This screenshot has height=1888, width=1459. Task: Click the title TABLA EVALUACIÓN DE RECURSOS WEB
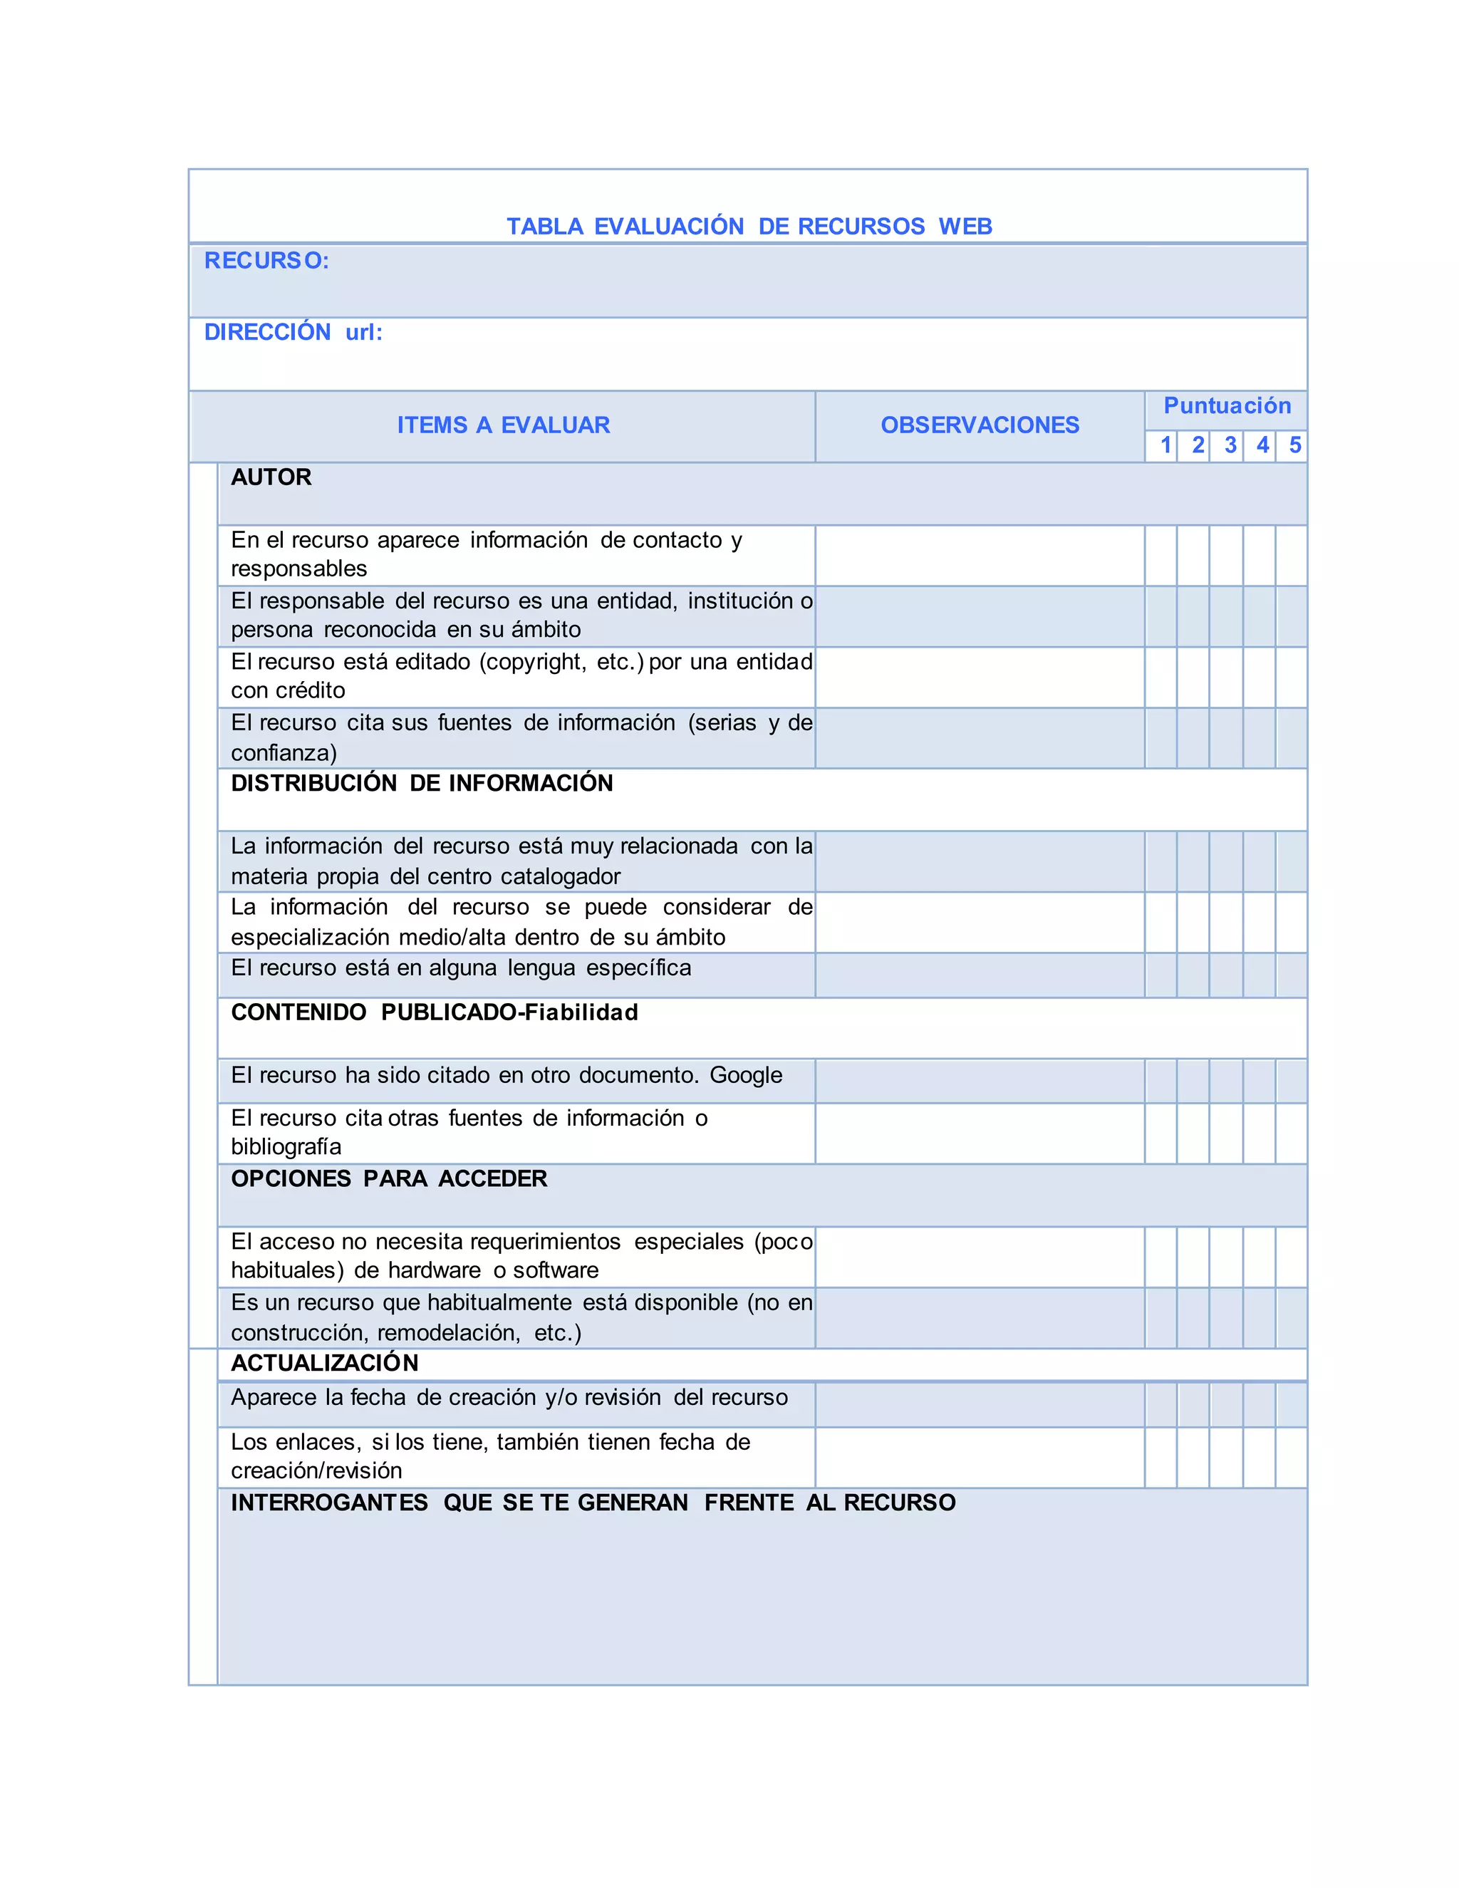pos(749,227)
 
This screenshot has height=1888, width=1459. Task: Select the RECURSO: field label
pos(266,261)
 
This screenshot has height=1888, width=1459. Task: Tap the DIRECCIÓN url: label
pos(293,333)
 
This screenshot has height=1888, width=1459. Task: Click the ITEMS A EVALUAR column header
pos(503,425)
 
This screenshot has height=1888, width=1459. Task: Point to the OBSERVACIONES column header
pos(980,425)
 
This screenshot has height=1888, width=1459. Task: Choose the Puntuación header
pos(1227,406)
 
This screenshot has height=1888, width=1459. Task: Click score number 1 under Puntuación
pos(1165,445)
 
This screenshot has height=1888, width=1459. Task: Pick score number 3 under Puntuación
pos(1230,445)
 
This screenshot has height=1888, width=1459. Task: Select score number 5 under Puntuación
pos(1294,445)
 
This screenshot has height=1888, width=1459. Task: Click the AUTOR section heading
pos(271,477)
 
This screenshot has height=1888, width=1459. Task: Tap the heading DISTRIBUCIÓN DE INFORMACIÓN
pos(422,783)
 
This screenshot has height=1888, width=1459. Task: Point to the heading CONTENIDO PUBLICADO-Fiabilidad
pos(434,1012)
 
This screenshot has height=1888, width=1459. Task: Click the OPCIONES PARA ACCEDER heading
pos(389,1179)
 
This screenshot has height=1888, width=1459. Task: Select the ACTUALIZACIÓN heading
pos(324,1363)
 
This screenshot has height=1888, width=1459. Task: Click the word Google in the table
pos(746,1075)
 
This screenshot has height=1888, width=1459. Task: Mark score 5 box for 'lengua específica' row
pos(1292,975)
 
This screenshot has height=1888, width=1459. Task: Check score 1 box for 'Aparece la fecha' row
pos(1161,1405)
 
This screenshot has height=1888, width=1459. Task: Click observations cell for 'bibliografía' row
pos(980,1134)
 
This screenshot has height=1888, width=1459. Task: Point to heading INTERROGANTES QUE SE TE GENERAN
pos(593,1503)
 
